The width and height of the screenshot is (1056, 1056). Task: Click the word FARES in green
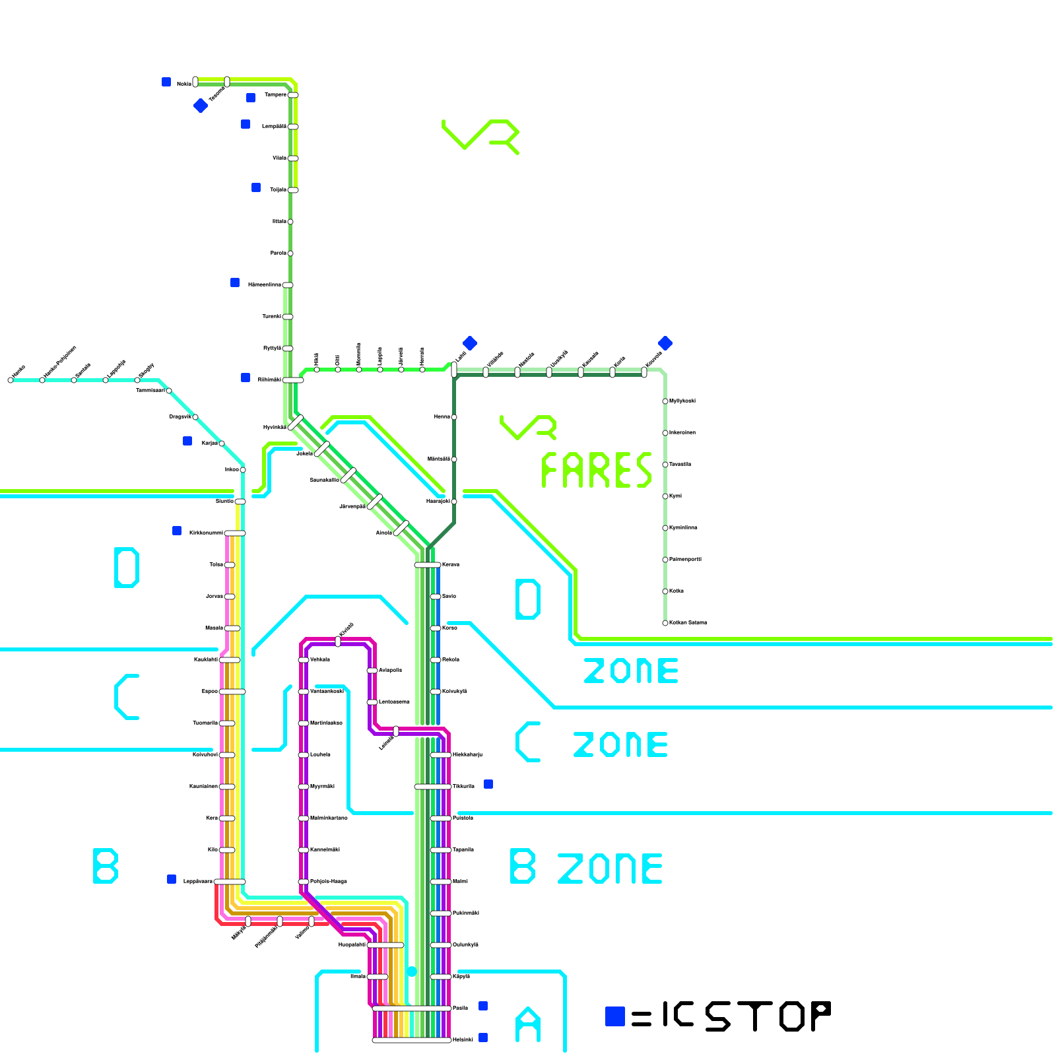click(x=596, y=470)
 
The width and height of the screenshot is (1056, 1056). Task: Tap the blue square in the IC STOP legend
click(x=614, y=1016)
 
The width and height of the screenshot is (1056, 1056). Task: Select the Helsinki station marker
click(x=412, y=1040)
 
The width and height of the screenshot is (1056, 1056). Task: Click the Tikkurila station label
click(x=463, y=786)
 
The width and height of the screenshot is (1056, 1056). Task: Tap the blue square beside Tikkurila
click(x=488, y=784)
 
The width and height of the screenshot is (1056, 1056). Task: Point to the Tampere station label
click(x=275, y=94)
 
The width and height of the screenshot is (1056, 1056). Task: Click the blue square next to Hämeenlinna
click(x=235, y=282)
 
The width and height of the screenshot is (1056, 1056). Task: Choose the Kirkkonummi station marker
click(x=235, y=533)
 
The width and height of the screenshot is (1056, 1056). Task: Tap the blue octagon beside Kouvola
click(x=665, y=343)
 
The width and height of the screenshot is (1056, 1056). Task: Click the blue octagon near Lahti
click(x=470, y=343)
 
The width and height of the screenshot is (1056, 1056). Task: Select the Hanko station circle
click(x=11, y=380)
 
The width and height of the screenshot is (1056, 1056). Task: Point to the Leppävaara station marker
click(x=230, y=882)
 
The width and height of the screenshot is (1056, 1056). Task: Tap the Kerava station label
click(x=450, y=564)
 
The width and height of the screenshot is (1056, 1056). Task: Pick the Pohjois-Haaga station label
click(x=328, y=881)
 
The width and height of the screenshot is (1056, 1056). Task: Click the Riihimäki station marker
click(x=293, y=380)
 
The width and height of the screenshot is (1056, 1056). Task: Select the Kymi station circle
click(x=665, y=496)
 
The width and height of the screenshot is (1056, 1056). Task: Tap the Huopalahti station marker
click(x=385, y=945)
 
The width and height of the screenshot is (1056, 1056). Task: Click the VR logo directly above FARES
click(x=528, y=427)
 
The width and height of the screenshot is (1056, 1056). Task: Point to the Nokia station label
click(x=184, y=84)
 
